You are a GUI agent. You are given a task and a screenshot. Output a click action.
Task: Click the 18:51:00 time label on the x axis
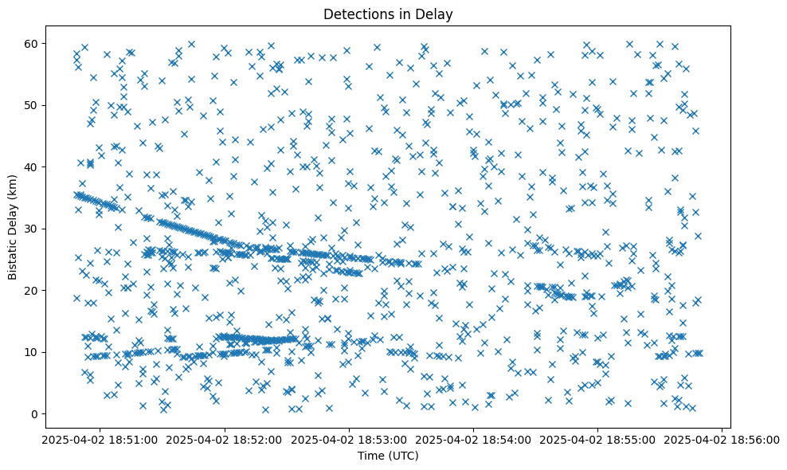(x=100, y=439)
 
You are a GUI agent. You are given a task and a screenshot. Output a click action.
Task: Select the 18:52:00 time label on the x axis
(x=225, y=439)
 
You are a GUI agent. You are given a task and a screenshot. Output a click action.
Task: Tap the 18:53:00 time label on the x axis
(x=349, y=439)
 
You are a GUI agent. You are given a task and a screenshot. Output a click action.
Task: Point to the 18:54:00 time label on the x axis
(x=473, y=439)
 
